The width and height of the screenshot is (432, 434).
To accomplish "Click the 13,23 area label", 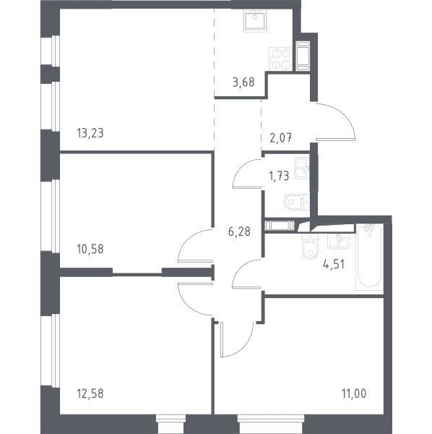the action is [90, 133].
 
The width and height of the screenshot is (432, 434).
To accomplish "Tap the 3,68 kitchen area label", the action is [243, 82].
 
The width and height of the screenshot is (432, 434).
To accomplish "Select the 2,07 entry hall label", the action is [280, 137].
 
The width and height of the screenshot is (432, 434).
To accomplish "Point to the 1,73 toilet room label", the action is [279, 176].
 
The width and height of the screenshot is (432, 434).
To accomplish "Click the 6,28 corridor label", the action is [239, 231].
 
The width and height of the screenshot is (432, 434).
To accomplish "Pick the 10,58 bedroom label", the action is [90, 249].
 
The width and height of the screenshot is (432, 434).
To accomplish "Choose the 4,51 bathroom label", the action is [334, 264].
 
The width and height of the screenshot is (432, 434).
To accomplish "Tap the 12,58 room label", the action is [90, 393].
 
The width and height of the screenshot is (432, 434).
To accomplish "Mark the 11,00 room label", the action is [354, 393].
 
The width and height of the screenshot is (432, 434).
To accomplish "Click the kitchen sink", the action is [256, 21].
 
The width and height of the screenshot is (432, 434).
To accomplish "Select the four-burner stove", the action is [280, 59].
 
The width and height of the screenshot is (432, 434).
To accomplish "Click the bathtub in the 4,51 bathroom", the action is [369, 257].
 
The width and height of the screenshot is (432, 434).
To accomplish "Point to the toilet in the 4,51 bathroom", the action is [311, 247].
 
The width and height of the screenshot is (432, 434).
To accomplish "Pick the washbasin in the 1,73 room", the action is [302, 168].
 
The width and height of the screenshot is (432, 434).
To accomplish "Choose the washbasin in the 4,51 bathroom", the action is [339, 242].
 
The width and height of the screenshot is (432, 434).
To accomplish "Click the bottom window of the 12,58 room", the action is [170, 422].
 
